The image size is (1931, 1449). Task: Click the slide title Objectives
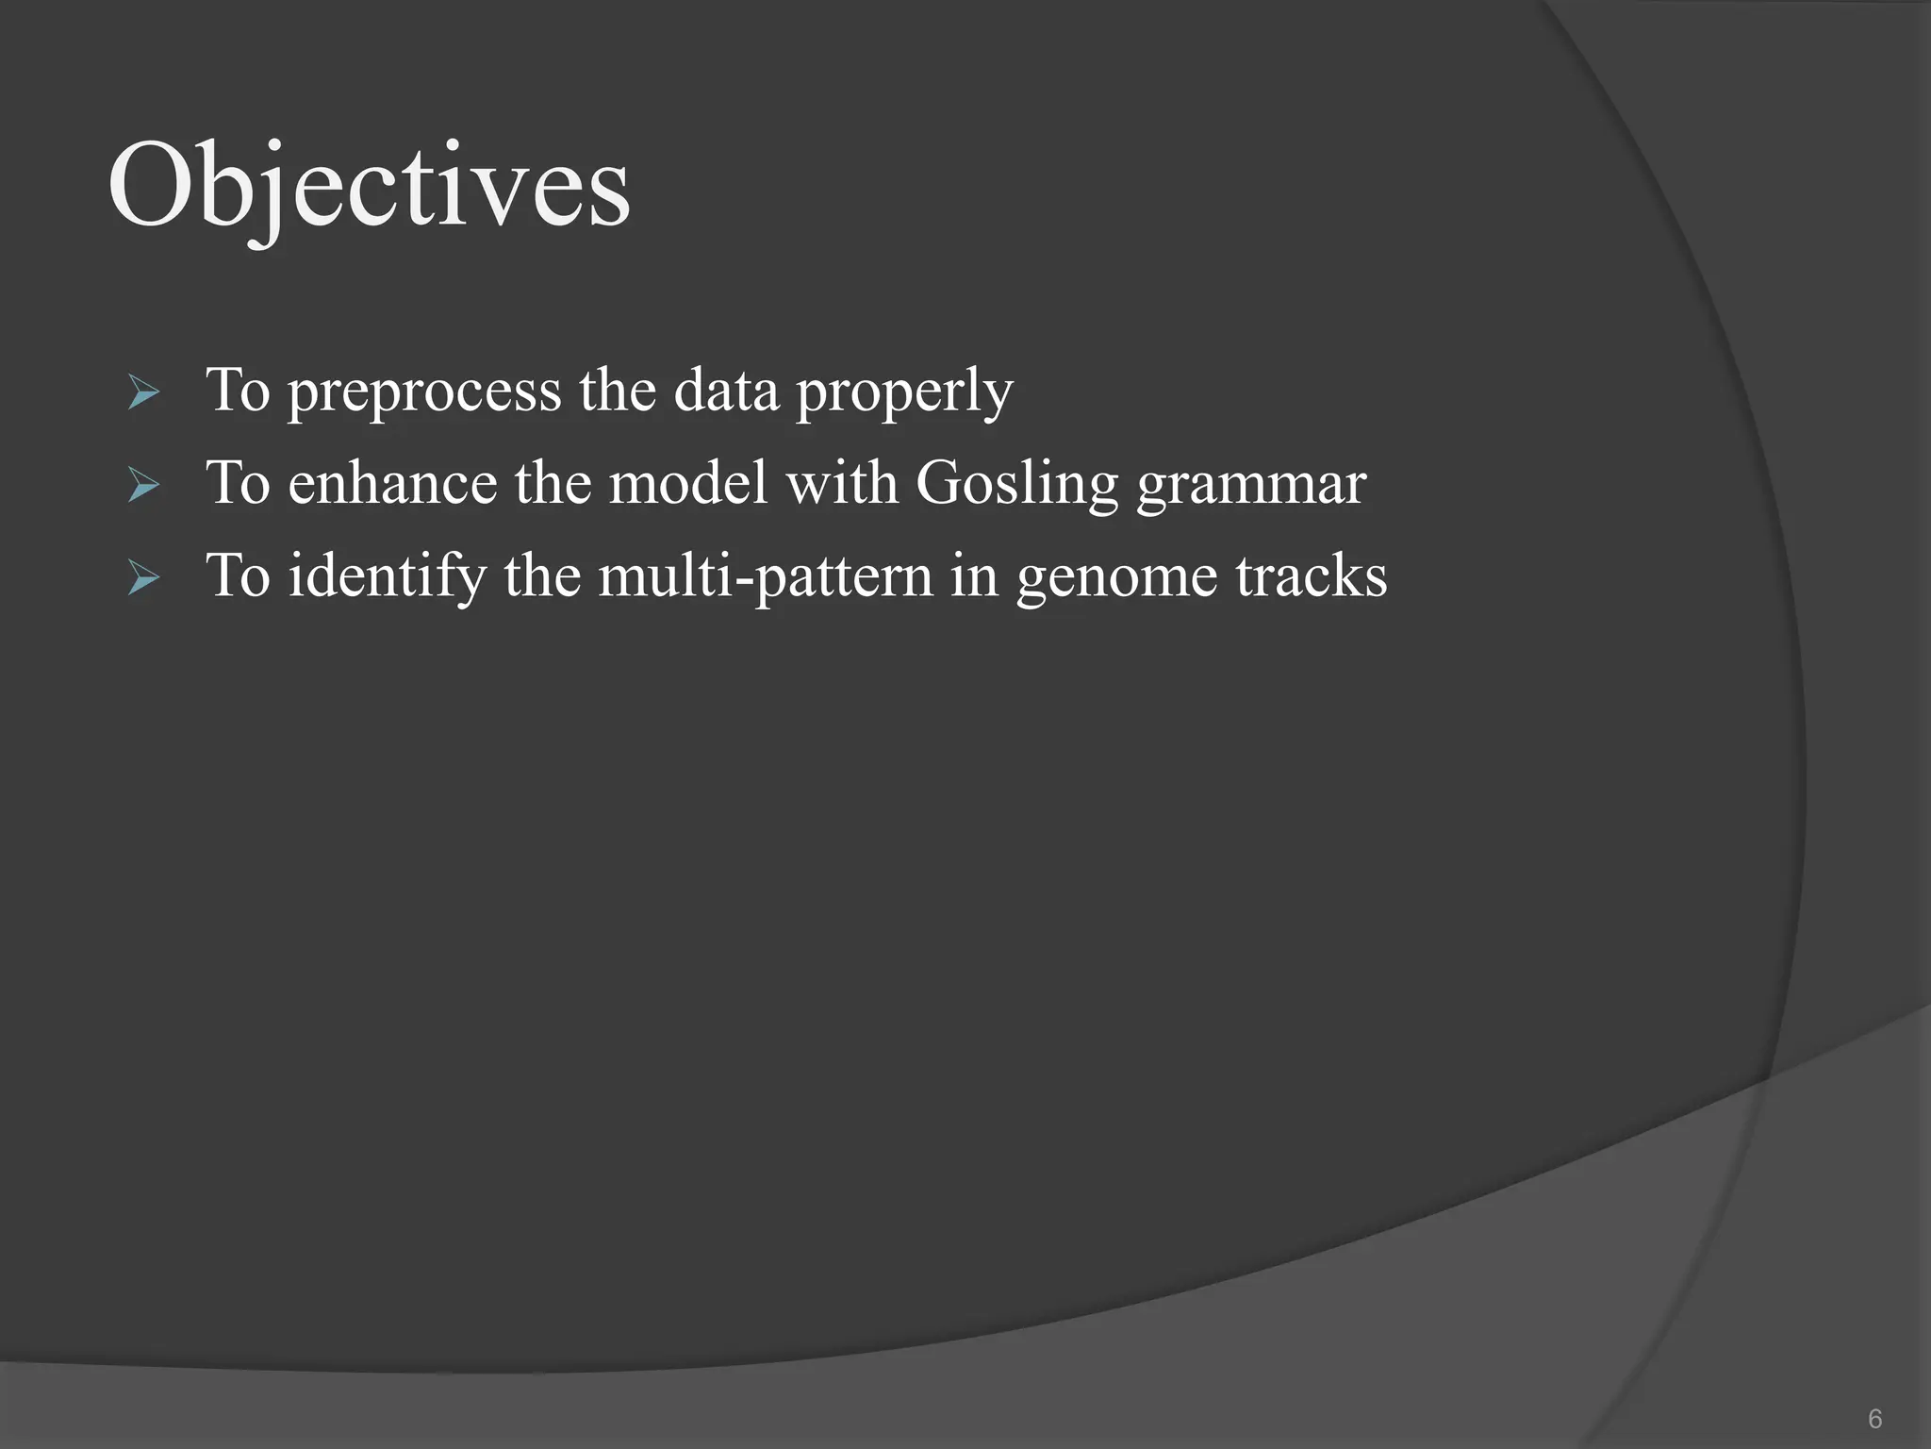[369, 188]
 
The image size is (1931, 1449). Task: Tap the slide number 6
[1874, 1418]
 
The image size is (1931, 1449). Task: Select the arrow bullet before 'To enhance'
[143, 485]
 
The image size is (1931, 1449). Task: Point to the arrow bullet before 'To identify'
[143, 577]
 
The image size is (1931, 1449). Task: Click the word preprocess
[424, 391]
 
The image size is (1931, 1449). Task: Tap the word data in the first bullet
[726, 390]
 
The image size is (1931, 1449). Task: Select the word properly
[904, 391]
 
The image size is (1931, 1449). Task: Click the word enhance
[392, 483]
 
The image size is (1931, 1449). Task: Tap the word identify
[387, 575]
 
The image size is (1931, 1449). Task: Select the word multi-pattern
[766, 575]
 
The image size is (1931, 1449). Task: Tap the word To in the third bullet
[238, 575]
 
